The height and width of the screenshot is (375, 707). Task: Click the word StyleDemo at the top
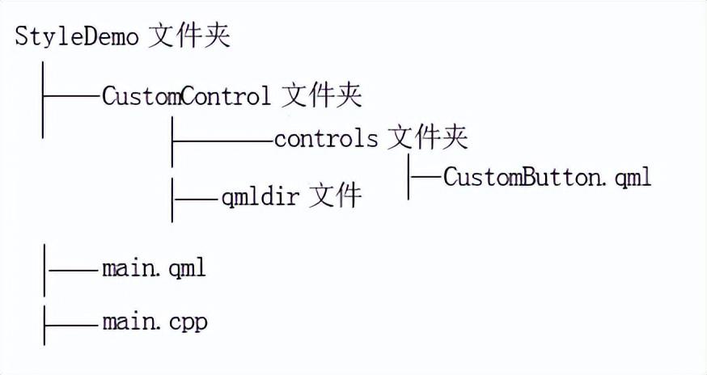tap(77, 38)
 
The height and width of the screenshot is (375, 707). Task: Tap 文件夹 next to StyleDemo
tap(189, 37)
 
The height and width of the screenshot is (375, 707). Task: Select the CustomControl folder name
tap(186, 97)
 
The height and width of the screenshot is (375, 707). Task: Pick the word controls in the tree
tap(325, 138)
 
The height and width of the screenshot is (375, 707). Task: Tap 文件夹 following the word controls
tap(427, 138)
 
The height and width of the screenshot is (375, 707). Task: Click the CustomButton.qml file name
tap(547, 177)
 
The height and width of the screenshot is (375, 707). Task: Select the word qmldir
tap(261, 196)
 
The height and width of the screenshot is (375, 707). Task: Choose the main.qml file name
tap(154, 268)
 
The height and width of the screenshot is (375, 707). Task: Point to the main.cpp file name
tap(155, 323)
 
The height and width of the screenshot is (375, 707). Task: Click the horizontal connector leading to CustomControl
tap(72, 97)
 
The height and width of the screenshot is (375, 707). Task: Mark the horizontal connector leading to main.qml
tap(72, 268)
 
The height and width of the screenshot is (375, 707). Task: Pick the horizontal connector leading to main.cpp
tap(72, 323)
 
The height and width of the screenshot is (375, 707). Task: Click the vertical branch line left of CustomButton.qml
tap(409, 177)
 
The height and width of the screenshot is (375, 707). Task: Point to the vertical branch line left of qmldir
tap(172, 197)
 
